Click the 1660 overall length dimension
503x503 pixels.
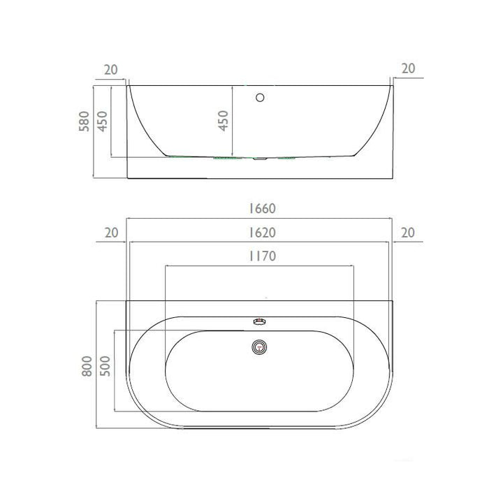(x=263, y=208)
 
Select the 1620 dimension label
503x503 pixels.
(x=263, y=233)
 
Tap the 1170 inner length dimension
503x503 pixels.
(x=263, y=256)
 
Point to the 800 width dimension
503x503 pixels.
(x=87, y=365)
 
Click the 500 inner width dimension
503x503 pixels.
(x=105, y=365)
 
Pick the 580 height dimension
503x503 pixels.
(x=84, y=121)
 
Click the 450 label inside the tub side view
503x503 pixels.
(x=223, y=121)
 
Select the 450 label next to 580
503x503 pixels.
(x=102, y=121)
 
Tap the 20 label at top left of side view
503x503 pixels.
(x=111, y=70)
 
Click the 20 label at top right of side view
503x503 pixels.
(x=409, y=68)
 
